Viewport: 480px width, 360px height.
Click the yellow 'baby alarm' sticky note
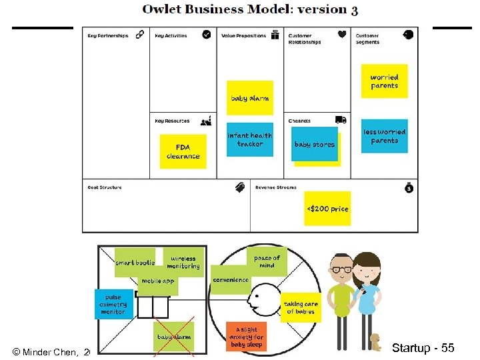pyautogui.click(x=249, y=98)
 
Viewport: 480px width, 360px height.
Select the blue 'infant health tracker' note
pyautogui.click(x=250, y=139)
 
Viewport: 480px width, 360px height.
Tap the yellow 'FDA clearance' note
pyautogui.click(x=183, y=151)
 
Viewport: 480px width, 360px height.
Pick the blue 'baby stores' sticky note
pyautogui.click(x=314, y=144)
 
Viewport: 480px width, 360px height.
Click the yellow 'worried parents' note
pyautogui.click(x=384, y=81)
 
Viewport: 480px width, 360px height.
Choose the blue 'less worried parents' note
pyautogui.click(x=384, y=136)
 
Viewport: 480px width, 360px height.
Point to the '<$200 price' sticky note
pyautogui.click(x=327, y=209)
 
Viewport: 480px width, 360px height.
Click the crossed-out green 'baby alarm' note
pyautogui.click(x=173, y=337)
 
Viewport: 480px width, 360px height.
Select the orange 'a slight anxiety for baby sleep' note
pyautogui.click(x=246, y=337)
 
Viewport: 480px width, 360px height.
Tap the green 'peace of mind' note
pyautogui.click(x=267, y=261)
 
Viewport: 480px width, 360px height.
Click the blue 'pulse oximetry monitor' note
pyautogui.click(x=113, y=303)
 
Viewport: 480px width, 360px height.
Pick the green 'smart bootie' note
pyautogui.click(x=135, y=263)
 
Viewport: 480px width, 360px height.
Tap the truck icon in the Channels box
pyautogui.click(x=341, y=120)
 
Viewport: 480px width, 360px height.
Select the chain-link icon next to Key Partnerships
pyautogui.click(x=140, y=35)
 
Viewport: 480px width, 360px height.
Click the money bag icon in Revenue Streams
pyautogui.click(x=409, y=188)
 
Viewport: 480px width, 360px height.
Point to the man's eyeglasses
pyautogui.click(x=342, y=269)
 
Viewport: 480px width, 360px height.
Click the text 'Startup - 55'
pyautogui.click(x=423, y=348)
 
